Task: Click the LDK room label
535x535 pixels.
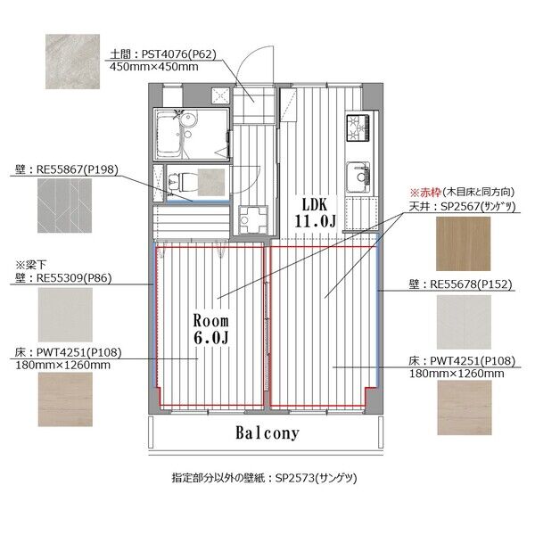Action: (x=315, y=213)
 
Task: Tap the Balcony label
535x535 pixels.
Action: (x=267, y=433)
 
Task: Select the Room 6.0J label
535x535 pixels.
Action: (x=210, y=329)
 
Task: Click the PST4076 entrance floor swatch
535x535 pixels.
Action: (x=73, y=62)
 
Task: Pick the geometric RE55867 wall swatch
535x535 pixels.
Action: (x=64, y=206)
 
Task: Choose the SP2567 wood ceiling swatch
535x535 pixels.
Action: (x=464, y=243)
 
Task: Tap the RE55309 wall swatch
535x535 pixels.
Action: (x=65, y=315)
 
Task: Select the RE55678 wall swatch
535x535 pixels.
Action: (x=464, y=322)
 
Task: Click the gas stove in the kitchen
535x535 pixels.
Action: (x=358, y=128)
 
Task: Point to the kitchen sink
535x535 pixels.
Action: (x=358, y=177)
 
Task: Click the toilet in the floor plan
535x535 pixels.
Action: (x=181, y=182)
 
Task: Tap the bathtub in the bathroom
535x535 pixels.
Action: (x=169, y=134)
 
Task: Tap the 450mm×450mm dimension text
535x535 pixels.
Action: (x=154, y=67)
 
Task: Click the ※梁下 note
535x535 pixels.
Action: (x=30, y=265)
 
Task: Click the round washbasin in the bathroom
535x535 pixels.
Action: (x=188, y=120)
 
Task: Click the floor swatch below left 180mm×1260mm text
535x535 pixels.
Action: (x=65, y=399)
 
